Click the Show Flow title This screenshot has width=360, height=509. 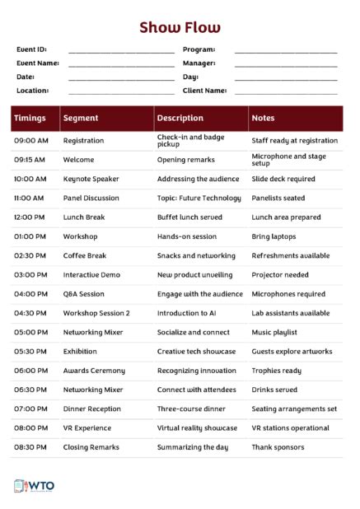[x=180, y=28]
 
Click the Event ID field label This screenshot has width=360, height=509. [x=32, y=49]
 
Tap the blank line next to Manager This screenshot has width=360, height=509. [x=286, y=65]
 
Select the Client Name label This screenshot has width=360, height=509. [x=204, y=91]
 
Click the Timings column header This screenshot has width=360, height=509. [x=30, y=119]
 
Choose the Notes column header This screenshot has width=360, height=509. [x=264, y=119]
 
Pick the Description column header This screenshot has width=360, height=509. [x=180, y=119]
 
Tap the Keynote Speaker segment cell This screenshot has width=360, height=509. [x=91, y=179]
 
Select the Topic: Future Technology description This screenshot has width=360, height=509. [x=199, y=198]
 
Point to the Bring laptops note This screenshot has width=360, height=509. [x=274, y=236]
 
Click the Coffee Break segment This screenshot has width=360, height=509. [x=85, y=256]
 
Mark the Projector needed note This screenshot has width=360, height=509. [x=280, y=275]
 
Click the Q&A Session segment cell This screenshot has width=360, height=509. [x=84, y=294]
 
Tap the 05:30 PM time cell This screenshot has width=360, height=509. [x=30, y=352]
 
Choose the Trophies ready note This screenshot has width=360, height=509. [x=276, y=371]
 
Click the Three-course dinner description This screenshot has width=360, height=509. [x=192, y=409]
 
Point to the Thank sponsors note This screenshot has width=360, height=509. [x=278, y=447]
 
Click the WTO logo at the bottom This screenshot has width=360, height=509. [x=35, y=486]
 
